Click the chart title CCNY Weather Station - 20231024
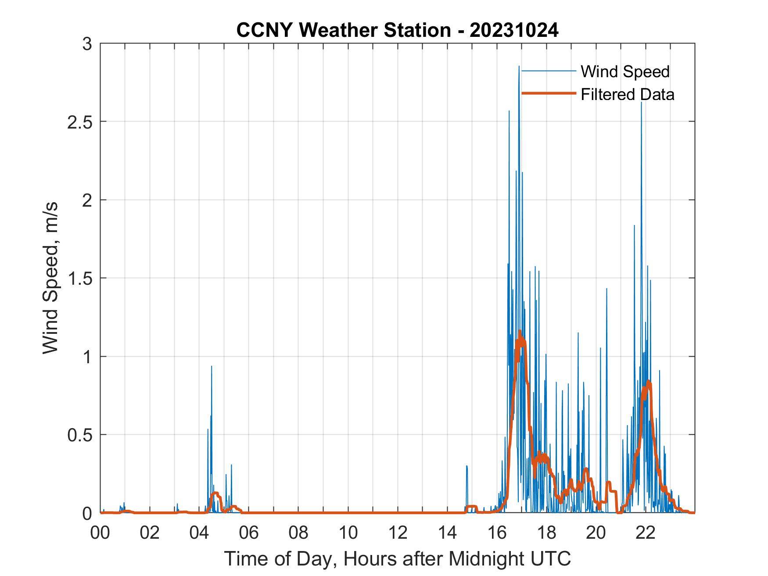[397, 30]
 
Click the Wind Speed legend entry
[625, 72]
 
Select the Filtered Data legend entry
[627, 94]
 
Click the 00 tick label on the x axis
[100, 533]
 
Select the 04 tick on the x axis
[199, 533]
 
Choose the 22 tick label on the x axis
[646, 533]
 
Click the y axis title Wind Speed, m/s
[51, 278]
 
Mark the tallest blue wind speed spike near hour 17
[519, 67]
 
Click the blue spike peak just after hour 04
[212, 366]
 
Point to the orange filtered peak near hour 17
[520, 331]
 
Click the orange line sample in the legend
[548, 93]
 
